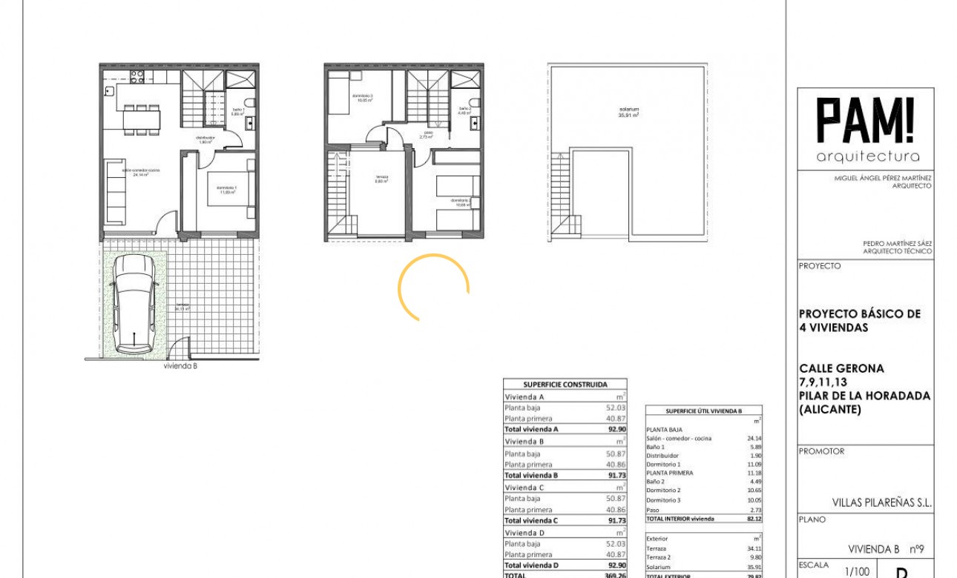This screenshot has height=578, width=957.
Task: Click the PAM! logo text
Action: [866, 121]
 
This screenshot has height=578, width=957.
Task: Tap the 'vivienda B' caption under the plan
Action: [180, 365]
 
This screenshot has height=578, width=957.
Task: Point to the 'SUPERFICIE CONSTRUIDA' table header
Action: [565, 385]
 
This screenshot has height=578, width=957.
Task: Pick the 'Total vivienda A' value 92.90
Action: [616, 429]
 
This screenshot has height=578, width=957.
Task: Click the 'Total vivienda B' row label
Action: [531, 475]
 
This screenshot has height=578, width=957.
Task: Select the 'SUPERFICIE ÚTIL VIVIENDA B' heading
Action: [703, 411]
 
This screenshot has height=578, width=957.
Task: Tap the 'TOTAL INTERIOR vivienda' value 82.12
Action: [754, 519]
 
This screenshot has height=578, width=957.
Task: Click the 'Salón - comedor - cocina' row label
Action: [679, 438]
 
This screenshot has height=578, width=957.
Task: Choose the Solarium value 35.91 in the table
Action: [753, 567]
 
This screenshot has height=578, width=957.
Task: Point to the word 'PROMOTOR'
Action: [821, 451]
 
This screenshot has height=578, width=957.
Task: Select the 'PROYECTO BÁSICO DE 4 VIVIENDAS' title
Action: [859, 320]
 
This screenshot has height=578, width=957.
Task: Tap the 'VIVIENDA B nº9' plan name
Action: [886, 549]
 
